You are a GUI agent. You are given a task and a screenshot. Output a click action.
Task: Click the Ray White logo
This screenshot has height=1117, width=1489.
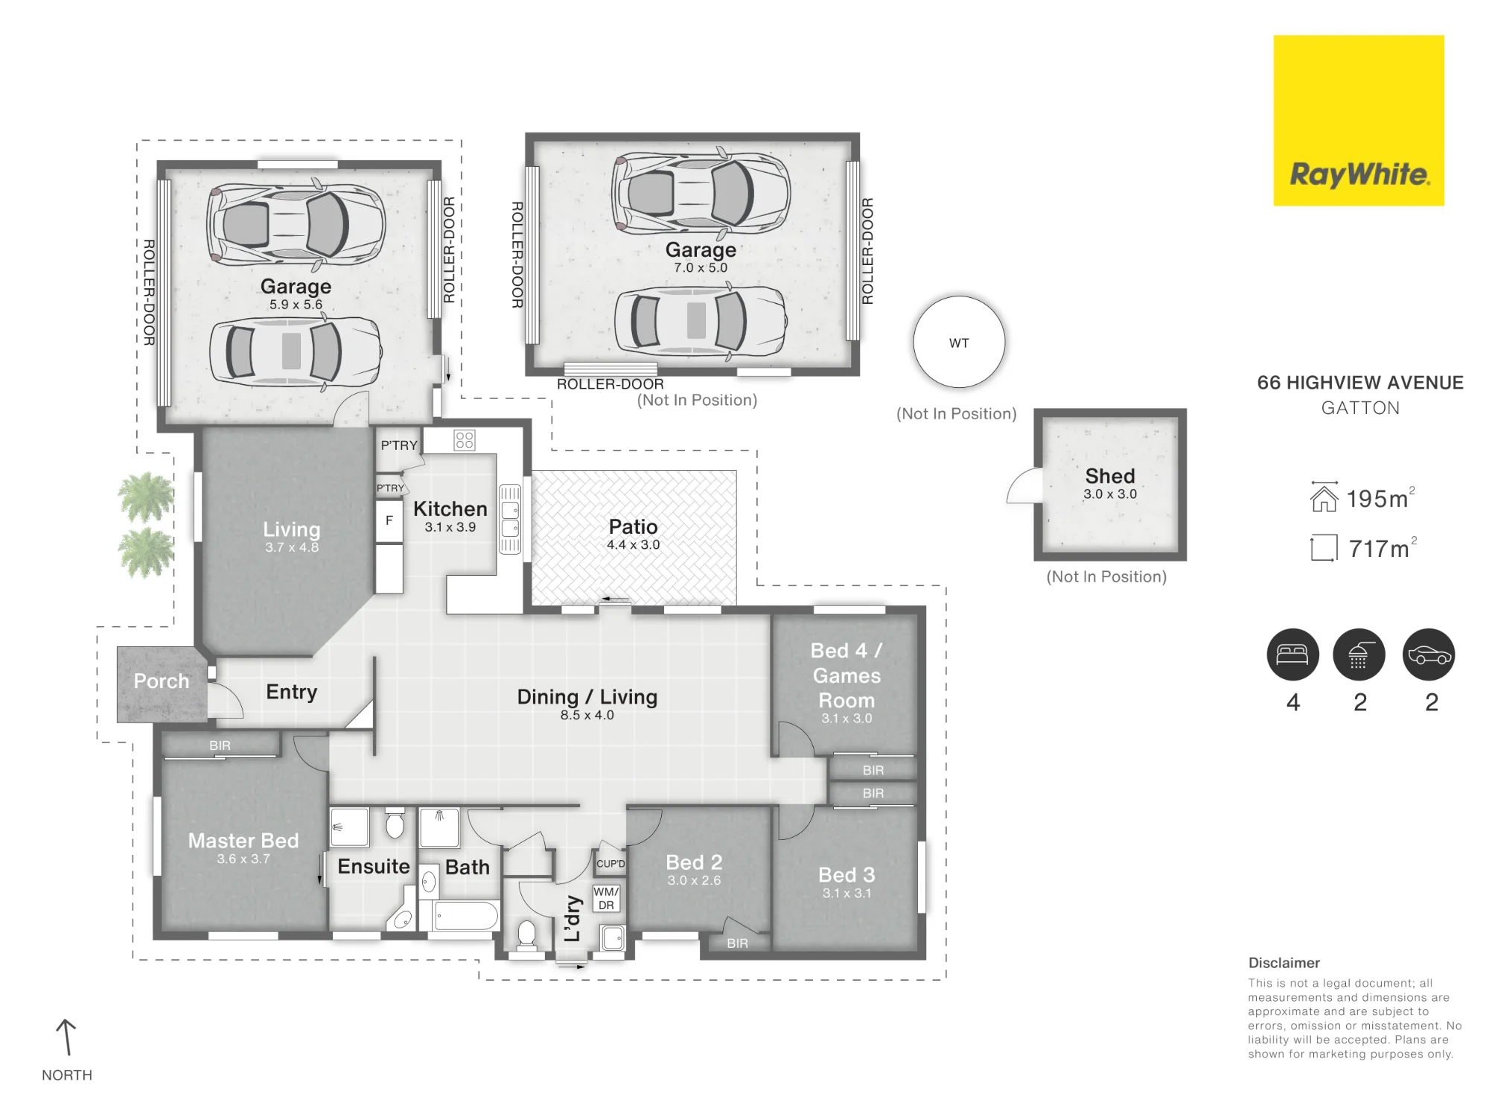(1359, 121)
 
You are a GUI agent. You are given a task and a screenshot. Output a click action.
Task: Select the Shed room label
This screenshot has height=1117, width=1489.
(1110, 476)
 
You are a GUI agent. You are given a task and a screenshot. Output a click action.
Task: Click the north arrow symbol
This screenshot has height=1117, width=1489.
(66, 1037)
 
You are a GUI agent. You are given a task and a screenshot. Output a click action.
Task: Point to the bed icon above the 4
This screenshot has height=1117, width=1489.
(1292, 655)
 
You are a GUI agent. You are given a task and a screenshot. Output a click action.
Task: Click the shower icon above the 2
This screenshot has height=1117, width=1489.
(1359, 655)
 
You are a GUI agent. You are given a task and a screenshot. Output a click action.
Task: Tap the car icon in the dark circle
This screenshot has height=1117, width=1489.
(1429, 655)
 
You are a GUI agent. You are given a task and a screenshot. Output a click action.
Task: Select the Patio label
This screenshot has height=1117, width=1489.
(633, 526)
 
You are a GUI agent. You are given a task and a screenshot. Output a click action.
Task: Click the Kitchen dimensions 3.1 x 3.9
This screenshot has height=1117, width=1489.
(450, 527)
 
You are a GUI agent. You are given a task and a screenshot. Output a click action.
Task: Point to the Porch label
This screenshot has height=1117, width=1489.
(162, 681)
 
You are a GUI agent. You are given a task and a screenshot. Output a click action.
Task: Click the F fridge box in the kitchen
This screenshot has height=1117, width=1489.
(389, 521)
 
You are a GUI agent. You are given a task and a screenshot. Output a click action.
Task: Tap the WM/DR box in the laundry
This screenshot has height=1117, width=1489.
(607, 898)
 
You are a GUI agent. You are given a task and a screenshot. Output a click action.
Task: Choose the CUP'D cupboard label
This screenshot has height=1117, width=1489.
(610, 864)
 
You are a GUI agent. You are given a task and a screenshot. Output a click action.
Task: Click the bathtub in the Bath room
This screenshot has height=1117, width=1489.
(466, 916)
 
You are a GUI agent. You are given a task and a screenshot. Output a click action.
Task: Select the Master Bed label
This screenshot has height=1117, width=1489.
(243, 841)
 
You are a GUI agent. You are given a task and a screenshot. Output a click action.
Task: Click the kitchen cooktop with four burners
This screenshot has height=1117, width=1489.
(465, 440)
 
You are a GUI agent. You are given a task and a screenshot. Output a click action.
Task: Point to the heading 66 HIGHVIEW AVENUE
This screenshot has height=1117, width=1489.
(1360, 383)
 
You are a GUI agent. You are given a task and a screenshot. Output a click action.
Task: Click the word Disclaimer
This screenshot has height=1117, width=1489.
(1284, 963)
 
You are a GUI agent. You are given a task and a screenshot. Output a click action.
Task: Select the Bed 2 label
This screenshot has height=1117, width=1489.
(694, 862)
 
